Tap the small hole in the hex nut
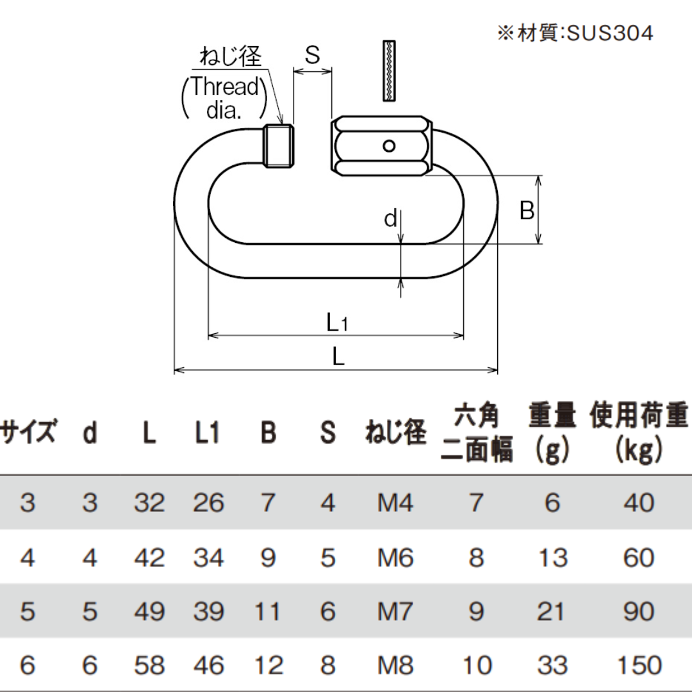click(388, 145)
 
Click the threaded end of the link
click(279, 146)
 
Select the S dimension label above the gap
click(312, 56)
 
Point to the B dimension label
click(527, 210)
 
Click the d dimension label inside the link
click(391, 219)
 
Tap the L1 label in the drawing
click(337, 322)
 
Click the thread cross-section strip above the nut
click(390, 70)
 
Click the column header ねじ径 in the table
click(395, 434)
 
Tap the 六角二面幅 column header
click(477, 434)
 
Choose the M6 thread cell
click(395, 558)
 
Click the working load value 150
click(638, 664)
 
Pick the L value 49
click(149, 611)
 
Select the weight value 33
click(552, 664)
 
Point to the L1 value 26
click(208, 503)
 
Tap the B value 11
click(268, 611)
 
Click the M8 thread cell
click(395, 664)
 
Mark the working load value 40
click(638, 503)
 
